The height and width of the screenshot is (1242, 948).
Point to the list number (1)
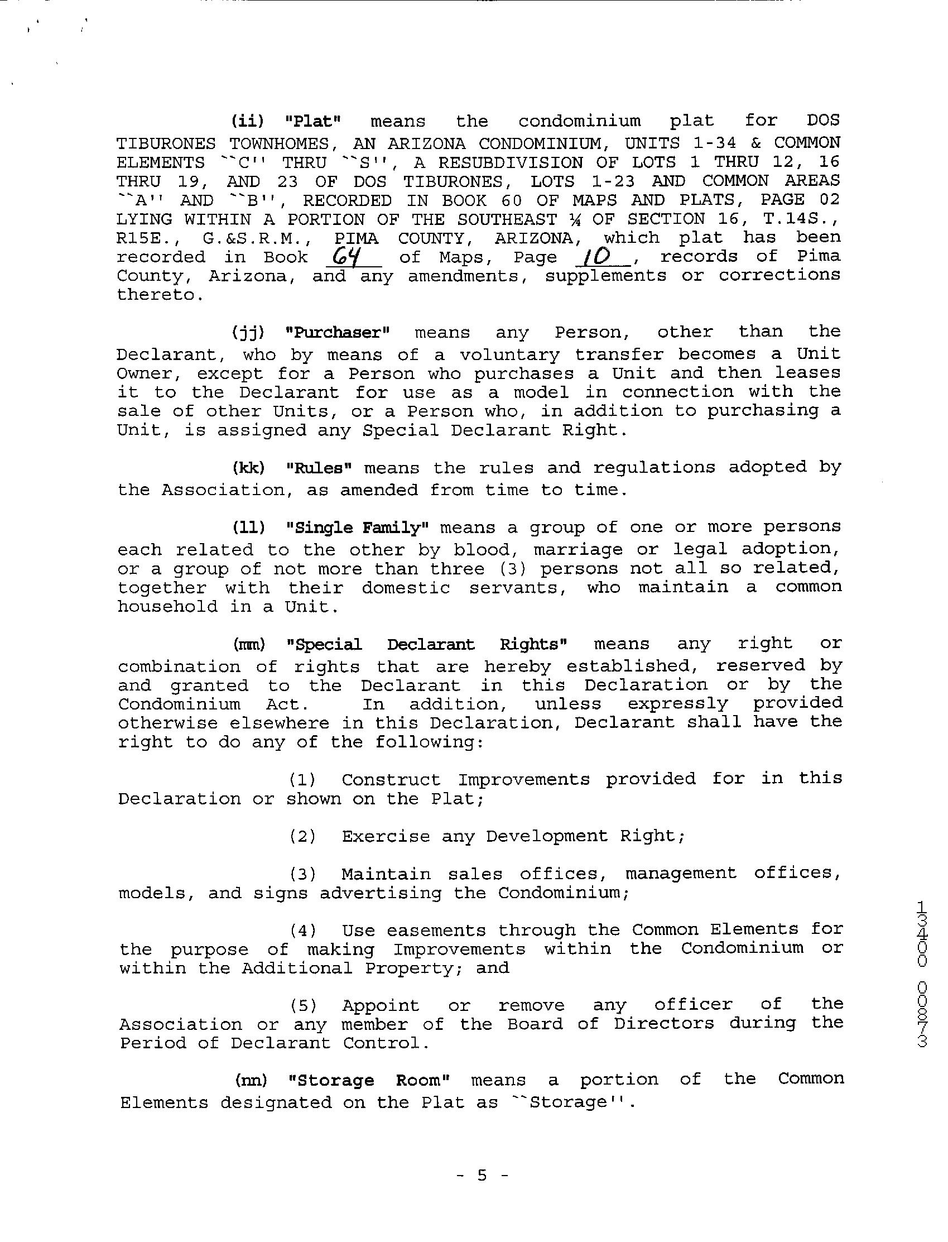[x=303, y=780]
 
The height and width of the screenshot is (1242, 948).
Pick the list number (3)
[x=303, y=875]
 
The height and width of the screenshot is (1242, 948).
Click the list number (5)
[x=303, y=1005]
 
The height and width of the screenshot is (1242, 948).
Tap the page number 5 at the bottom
[x=482, y=1175]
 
